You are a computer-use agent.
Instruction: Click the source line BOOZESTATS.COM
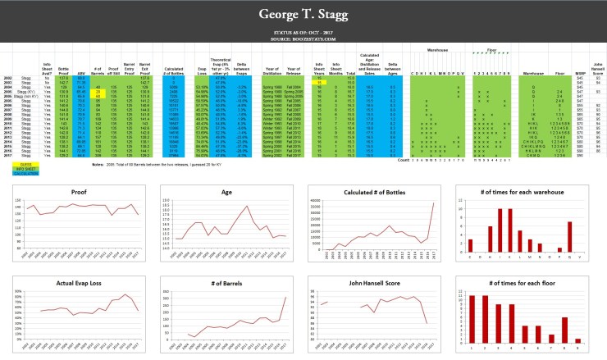point(303,39)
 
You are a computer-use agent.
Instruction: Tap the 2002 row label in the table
point(8,79)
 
